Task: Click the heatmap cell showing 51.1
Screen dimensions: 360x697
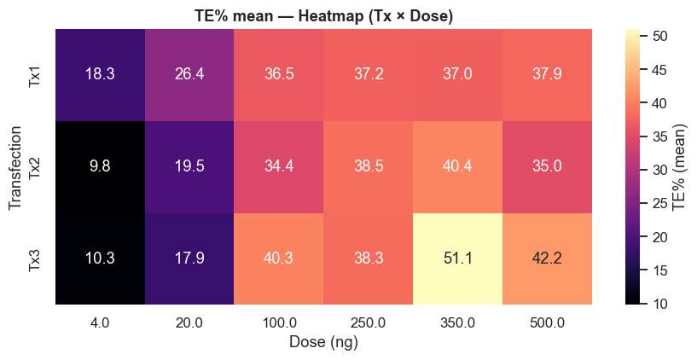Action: coord(457,258)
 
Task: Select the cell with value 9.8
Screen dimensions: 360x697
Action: coord(100,166)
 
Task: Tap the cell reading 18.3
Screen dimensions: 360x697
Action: coord(100,75)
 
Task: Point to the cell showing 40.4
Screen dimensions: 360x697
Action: coord(457,166)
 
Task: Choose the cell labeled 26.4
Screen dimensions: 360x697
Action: coord(189,75)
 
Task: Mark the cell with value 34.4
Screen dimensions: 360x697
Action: coord(279,166)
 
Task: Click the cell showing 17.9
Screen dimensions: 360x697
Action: coord(189,258)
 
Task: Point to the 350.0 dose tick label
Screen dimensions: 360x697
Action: coord(457,322)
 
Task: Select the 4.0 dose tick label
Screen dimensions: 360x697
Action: coord(100,322)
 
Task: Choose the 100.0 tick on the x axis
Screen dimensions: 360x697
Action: coord(279,322)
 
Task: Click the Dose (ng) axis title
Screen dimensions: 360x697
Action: coord(323,343)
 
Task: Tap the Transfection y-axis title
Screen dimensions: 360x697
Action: coord(15,166)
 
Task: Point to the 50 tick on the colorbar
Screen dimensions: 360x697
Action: coord(661,37)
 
